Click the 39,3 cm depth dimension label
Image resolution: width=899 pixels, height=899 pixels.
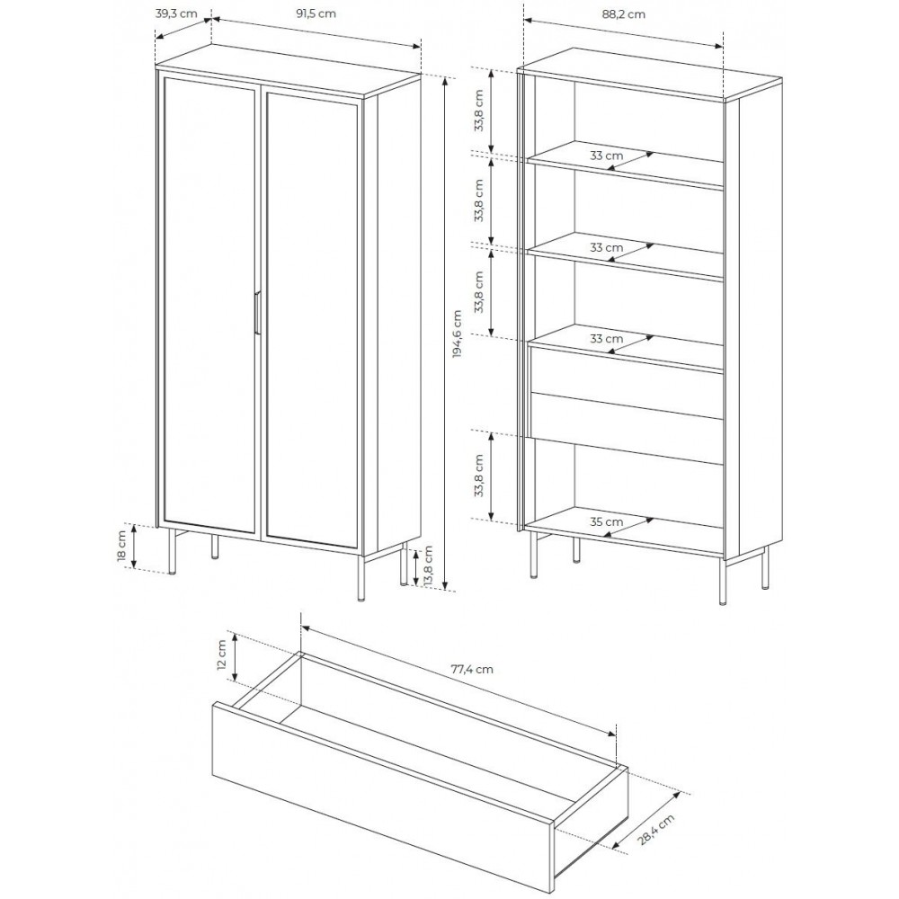[x=176, y=13]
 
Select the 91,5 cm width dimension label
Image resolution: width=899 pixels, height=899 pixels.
[x=316, y=13]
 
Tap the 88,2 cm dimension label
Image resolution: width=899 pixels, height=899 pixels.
[x=623, y=13]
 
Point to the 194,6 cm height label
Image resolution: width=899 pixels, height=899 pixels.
[x=457, y=334]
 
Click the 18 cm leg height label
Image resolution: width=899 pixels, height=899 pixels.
[x=121, y=547]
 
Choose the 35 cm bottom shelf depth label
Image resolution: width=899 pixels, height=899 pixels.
[x=606, y=521]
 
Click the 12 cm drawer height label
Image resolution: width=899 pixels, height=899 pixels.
[x=222, y=655]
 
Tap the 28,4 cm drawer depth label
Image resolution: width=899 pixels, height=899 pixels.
[x=656, y=830]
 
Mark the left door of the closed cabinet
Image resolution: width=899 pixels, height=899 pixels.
[x=209, y=305]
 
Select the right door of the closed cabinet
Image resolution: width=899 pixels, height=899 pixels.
[x=313, y=320]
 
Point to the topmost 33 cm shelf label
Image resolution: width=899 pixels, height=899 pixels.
[x=606, y=156]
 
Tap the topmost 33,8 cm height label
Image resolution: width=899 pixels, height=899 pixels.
[x=479, y=111]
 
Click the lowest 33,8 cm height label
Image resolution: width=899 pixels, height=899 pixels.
[x=479, y=476]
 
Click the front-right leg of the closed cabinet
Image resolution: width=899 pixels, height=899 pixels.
[x=361, y=577]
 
